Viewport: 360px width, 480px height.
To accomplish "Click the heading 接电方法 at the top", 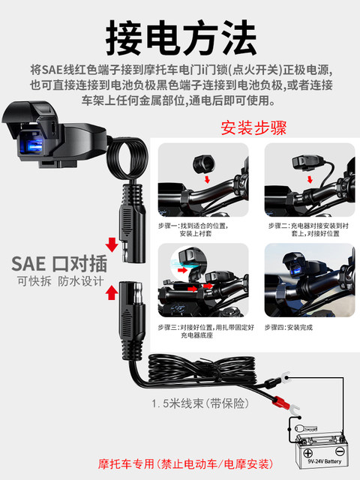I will point(180,33).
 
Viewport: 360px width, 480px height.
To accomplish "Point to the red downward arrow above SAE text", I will point(111,244).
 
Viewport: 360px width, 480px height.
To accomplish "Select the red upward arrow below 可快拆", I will point(111,290).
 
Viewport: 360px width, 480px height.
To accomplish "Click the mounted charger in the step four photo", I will point(298,268).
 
